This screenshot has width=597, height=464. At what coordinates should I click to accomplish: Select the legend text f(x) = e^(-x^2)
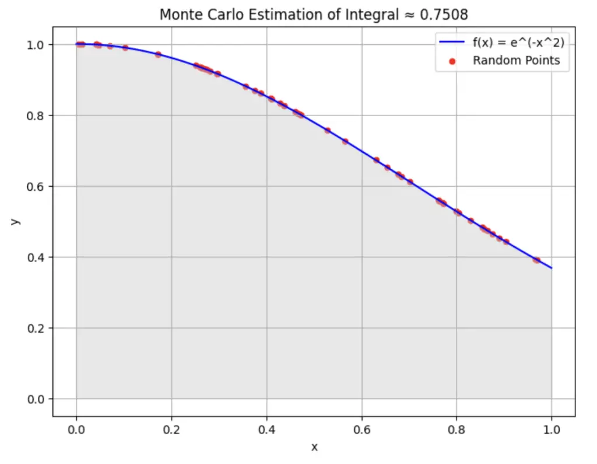pos(518,42)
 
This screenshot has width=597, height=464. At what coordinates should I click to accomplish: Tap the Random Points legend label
pos(516,60)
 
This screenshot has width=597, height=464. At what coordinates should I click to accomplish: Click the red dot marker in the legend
pos(452,61)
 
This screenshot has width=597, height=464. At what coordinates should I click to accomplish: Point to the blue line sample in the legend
pos(452,42)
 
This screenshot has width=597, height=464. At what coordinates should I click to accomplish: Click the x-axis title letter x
pos(314,447)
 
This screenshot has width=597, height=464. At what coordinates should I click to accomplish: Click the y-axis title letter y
pos(16,221)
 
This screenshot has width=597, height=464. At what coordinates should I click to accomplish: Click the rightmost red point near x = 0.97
pos(537,260)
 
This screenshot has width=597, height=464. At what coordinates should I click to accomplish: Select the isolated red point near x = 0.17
pos(158,54)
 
